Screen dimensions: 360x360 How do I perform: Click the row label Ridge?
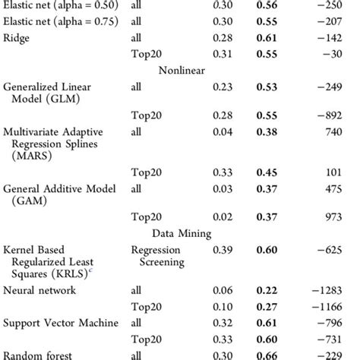click(x=17, y=38)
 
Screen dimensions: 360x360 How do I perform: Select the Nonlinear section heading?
click(x=182, y=71)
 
